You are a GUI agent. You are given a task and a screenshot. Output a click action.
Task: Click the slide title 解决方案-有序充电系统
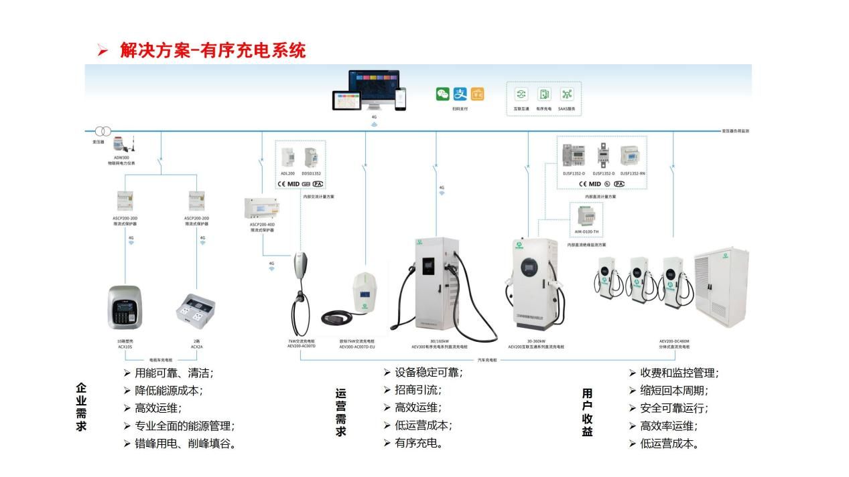point(213,50)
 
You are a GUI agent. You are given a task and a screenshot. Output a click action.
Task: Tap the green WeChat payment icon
point(443,94)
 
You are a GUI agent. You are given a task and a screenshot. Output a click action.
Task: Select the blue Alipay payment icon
point(460,94)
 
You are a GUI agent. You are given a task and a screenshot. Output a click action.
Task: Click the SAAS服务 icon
point(567,94)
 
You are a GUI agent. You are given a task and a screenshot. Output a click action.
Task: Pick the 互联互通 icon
point(521,94)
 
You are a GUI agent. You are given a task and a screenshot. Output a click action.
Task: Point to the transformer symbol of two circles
point(103,131)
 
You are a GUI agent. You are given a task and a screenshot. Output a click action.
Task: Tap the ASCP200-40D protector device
point(263,209)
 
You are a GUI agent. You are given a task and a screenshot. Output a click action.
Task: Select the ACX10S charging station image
point(125,308)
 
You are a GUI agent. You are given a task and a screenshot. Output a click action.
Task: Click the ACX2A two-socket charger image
point(196,310)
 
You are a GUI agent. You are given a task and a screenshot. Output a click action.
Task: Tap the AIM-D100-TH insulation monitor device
point(587,217)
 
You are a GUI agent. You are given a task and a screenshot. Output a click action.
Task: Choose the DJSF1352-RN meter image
point(633,157)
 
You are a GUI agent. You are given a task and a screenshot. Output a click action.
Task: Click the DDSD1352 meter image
point(312,157)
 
